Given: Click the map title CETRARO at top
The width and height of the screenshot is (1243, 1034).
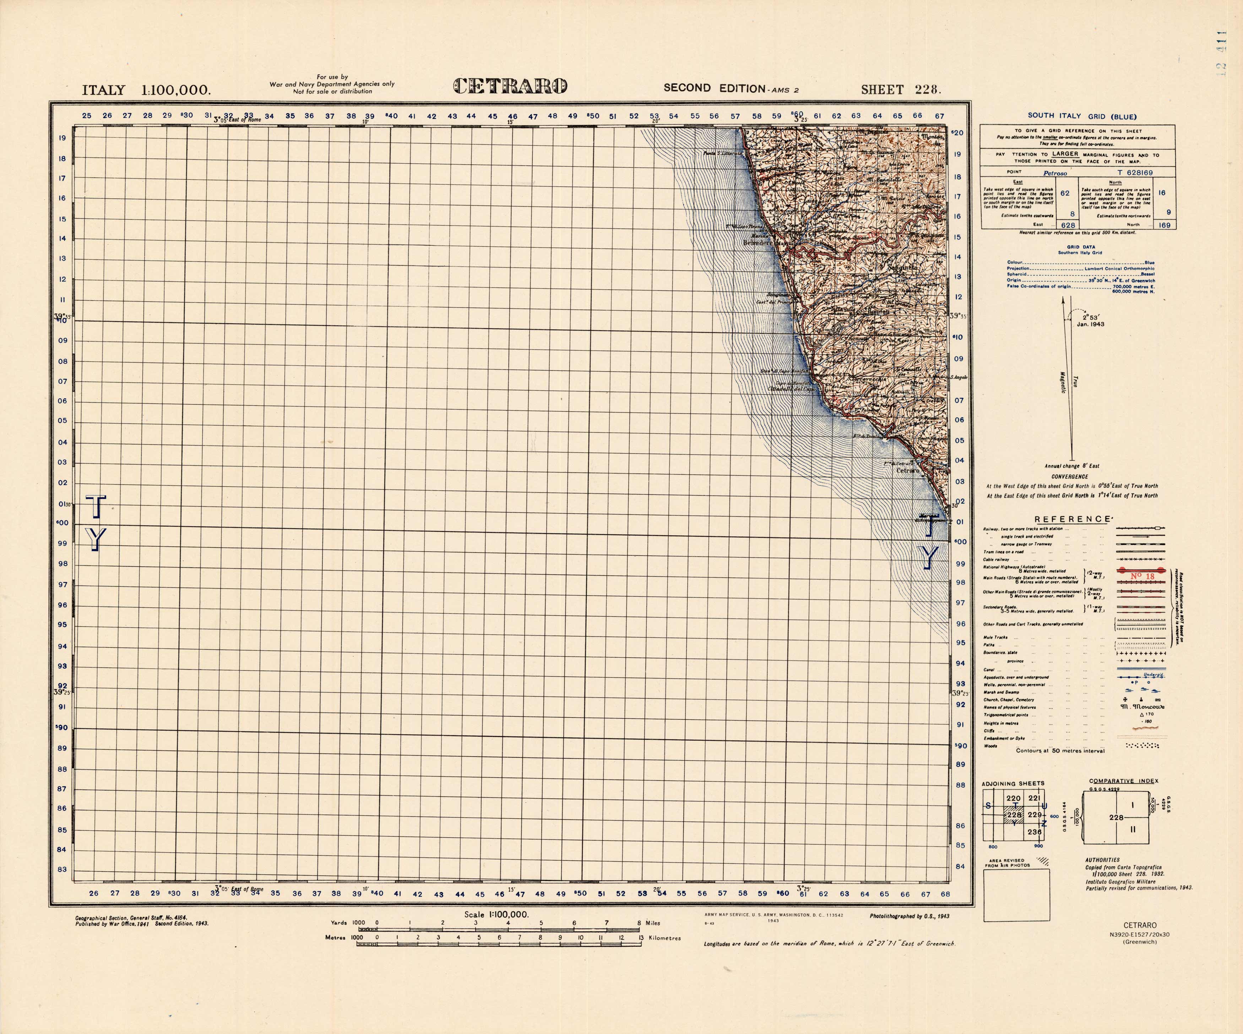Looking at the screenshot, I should [x=510, y=86].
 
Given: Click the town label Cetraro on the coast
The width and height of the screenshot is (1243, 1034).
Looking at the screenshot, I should [x=908, y=471].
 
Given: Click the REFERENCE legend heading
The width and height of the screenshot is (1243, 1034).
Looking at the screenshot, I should [x=1072, y=519].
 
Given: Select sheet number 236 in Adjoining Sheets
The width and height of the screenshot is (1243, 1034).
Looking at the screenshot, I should [x=1034, y=832].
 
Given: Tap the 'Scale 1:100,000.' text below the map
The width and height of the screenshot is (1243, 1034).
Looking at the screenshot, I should [x=496, y=914].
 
